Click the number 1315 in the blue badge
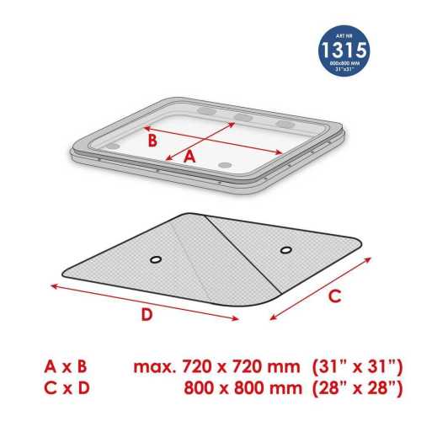pyautogui.click(x=344, y=50)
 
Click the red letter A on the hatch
pyautogui.click(x=189, y=157)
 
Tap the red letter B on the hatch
pyautogui.click(x=152, y=141)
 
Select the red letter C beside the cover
pyautogui.click(x=335, y=296)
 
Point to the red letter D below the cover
pyautogui.click(x=147, y=314)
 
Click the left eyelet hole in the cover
pyautogui.click(x=156, y=259)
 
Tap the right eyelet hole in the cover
pyautogui.click(x=286, y=249)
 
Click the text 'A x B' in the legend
pyautogui.click(x=66, y=366)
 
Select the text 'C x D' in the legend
pyautogui.click(x=67, y=388)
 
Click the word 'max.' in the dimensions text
pyautogui.click(x=155, y=367)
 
